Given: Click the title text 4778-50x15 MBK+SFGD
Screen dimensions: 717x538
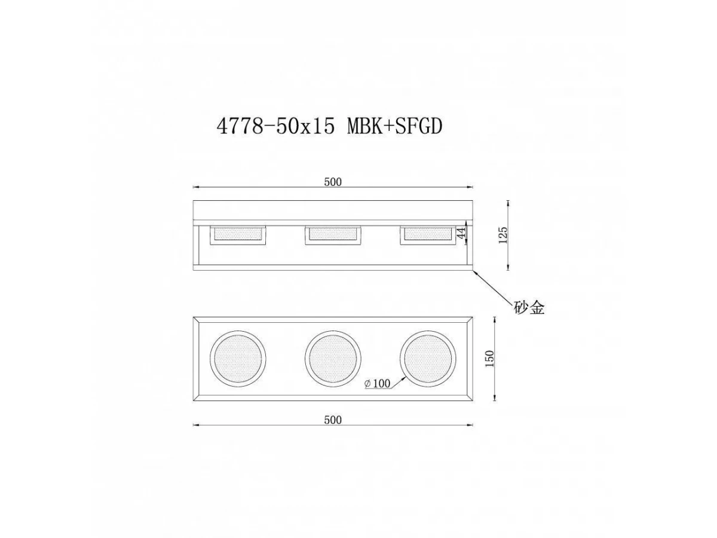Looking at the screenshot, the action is (x=329, y=126).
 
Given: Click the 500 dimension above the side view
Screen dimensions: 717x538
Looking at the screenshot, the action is (x=333, y=182).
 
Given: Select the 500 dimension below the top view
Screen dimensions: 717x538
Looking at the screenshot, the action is (x=333, y=420).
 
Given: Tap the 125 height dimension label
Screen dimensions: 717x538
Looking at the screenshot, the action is (x=503, y=235).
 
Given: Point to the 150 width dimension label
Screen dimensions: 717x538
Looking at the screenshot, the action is (x=489, y=359).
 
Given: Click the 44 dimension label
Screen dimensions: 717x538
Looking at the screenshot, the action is (x=461, y=233).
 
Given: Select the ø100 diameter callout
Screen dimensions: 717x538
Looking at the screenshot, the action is (x=377, y=384).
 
